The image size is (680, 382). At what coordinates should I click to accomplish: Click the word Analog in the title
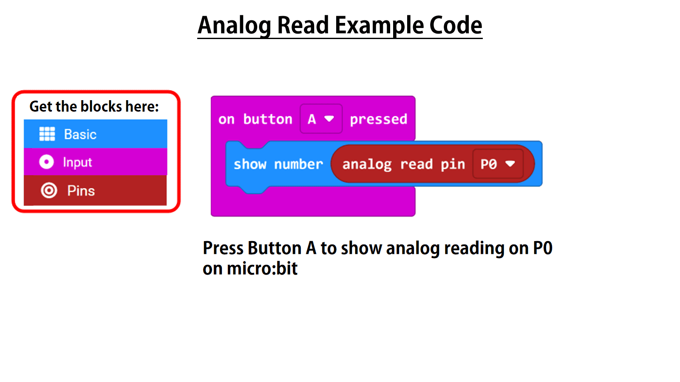(234, 26)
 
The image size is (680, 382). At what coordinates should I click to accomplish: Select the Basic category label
(80, 134)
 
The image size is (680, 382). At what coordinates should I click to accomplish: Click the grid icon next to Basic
(47, 134)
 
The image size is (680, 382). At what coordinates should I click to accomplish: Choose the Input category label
(77, 163)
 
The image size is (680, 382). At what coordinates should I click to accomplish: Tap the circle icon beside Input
(46, 162)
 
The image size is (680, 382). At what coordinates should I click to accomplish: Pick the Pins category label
(81, 191)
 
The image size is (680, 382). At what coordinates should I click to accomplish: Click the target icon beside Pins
(49, 191)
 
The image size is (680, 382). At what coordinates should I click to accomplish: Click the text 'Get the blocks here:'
(94, 107)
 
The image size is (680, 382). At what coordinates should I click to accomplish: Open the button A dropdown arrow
(329, 118)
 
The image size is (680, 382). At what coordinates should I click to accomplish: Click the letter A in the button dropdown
(312, 119)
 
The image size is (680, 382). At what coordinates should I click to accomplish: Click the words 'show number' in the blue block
(278, 164)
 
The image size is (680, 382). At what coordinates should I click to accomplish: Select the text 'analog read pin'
(404, 165)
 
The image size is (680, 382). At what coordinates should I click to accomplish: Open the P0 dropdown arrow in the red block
(510, 164)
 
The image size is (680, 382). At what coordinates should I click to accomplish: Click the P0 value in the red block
(489, 164)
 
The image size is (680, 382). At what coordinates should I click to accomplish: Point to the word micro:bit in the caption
(262, 268)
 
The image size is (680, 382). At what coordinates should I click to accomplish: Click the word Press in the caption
(223, 248)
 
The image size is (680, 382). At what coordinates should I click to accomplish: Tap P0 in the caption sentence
(543, 248)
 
